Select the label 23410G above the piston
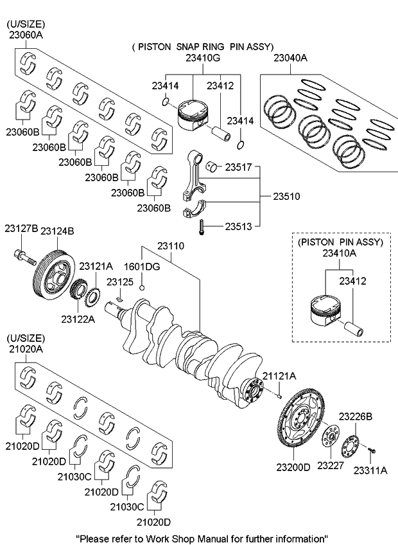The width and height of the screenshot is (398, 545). (203, 58)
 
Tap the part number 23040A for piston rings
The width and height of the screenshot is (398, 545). (290, 58)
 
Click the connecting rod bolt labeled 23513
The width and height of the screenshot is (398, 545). (201, 227)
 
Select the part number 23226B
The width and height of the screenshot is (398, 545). (355, 416)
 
